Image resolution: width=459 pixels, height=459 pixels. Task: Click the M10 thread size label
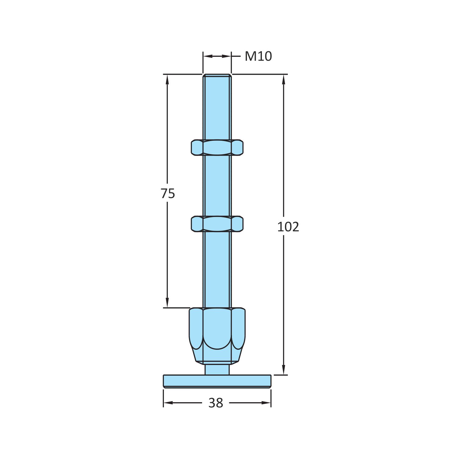(258, 56)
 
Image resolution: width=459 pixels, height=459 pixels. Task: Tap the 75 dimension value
(168, 193)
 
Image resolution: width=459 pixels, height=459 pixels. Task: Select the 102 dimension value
(288, 227)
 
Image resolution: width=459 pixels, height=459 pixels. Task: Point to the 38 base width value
(216, 403)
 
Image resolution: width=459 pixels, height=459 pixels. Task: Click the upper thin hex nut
(217, 147)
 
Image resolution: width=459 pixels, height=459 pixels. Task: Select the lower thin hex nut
(217, 224)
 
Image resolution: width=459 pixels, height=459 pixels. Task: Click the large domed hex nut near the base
(217, 334)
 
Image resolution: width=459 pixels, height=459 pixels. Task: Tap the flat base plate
(217, 381)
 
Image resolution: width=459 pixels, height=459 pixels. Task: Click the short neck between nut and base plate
(217, 369)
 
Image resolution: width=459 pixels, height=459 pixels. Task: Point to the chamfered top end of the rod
(217, 76)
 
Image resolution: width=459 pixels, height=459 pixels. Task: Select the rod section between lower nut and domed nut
(217, 269)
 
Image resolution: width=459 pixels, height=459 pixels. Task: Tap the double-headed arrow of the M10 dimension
(217, 56)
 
